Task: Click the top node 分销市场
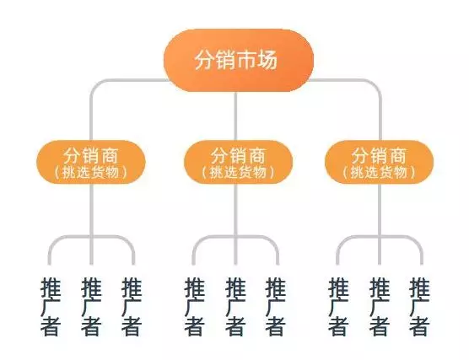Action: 239,60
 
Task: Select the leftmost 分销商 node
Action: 91,163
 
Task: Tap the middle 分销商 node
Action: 238,163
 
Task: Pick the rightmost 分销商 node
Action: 379,163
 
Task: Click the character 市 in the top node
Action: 247,60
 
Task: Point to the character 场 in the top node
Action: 267,60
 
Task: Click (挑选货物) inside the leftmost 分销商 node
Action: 91,173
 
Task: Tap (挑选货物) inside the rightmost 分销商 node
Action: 379,173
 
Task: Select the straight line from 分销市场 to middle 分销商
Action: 235,116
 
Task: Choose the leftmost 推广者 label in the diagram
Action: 51,307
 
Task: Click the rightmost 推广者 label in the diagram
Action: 419,307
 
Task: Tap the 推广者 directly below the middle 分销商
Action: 235,307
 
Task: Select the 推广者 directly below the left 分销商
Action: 91,307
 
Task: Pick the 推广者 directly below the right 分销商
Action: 380,307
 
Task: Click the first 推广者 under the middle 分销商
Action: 194,307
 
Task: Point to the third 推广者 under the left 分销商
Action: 132,307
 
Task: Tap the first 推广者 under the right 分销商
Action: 338,307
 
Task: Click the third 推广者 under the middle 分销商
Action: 276,307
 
